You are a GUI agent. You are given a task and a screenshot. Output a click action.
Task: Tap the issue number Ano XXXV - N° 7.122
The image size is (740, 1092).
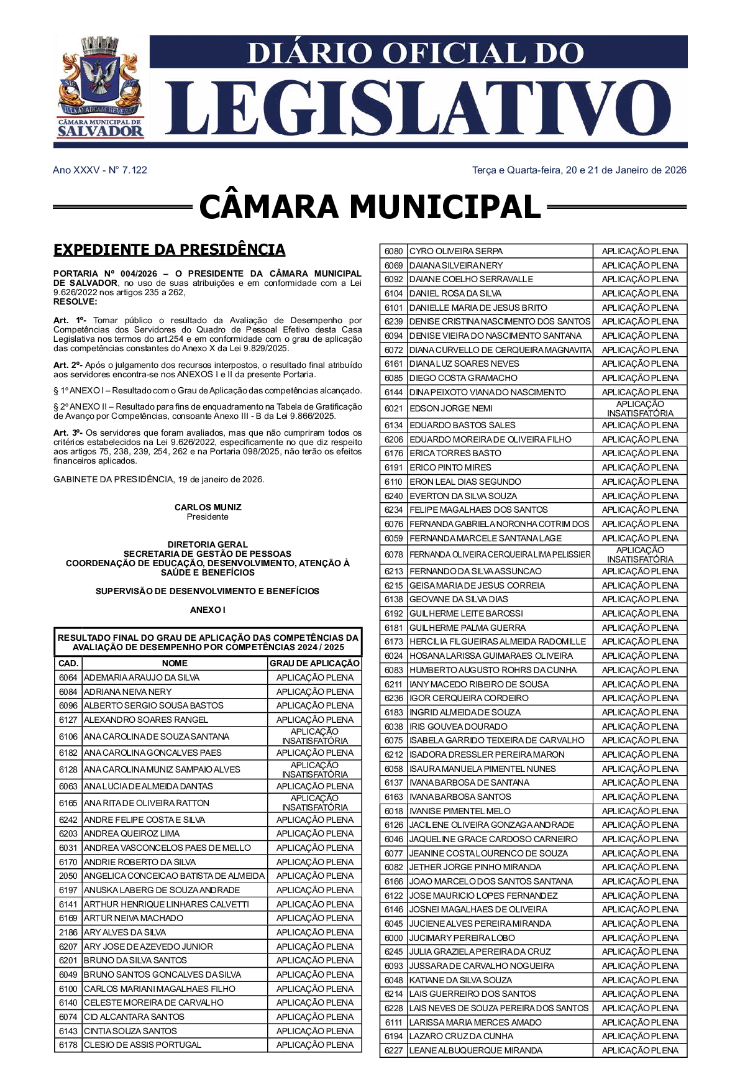click(100, 170)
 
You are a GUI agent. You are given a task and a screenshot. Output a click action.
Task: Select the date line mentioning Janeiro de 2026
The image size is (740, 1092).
click(579, 170)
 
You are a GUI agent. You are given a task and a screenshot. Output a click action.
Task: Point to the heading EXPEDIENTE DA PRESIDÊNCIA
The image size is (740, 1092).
click(169, 250)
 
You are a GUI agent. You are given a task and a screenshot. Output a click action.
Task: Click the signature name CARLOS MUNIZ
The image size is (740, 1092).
click(208, 507)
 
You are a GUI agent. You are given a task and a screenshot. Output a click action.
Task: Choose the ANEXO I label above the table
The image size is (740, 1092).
click(208, 610)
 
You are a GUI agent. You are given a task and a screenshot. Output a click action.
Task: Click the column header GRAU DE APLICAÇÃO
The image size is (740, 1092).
click(314, 663)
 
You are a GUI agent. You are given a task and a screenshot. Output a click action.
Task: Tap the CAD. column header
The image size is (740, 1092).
click(68, 663)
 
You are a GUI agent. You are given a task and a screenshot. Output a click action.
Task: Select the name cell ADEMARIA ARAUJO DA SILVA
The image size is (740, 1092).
click(142, 677)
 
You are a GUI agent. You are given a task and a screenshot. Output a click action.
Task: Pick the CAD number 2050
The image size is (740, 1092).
click(68, 876)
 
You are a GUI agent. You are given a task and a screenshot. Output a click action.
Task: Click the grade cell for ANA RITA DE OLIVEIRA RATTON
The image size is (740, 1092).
click(314, 803)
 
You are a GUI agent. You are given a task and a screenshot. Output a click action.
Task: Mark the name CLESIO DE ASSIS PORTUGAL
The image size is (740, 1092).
click(142, 1045)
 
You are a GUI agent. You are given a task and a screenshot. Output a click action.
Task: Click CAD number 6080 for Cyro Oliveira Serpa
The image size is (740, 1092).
click(393, 251)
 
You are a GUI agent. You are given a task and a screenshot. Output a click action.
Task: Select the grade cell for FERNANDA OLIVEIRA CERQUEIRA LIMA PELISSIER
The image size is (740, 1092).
click(640, 554)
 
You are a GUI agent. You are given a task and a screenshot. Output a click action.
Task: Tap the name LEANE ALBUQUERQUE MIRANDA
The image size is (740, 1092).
click(476, 1050)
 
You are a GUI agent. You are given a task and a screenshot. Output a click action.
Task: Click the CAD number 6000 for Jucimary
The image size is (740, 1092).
click(393, 938)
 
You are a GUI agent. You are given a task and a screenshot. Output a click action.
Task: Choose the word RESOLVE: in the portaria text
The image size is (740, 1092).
click(75, 301)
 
